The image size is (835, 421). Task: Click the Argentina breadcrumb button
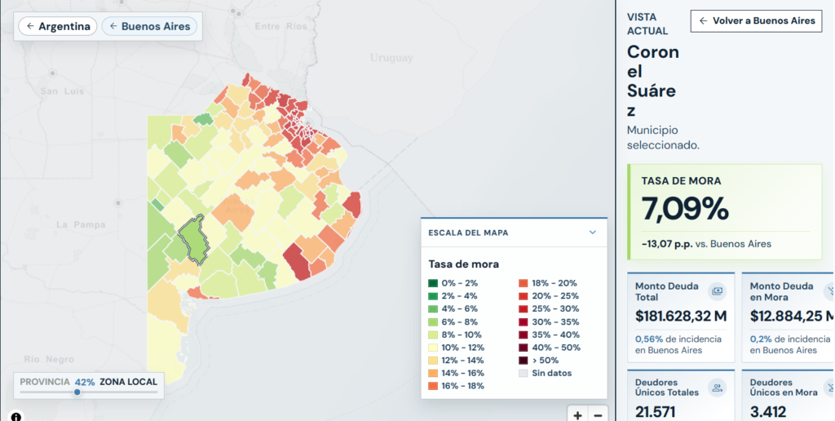[x=58, y=26]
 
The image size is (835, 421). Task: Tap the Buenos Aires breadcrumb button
[x=150, y=26]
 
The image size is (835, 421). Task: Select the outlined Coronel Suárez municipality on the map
[x=192, y=240]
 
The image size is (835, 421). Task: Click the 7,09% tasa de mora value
[x=685, y=208]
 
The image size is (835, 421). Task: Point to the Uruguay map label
[x=391, y=58]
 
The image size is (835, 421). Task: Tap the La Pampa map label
[x=81, y=225]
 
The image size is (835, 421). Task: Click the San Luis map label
[x=62, y=91]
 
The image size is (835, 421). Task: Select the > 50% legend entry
[x=538, y=361]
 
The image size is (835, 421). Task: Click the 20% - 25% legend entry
[x=549, y=296]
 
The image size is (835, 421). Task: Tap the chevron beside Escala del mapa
[x=593, y=233]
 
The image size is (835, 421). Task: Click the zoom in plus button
[x=578, y=414]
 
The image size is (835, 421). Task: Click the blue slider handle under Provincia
[x=77, y=392]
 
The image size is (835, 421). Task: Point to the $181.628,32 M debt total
[x=681, y=316]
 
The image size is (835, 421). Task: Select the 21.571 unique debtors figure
[x=656, y=412]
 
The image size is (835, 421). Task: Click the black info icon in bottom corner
[x=16, y=416]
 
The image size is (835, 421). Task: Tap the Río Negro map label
[x=49, y=360]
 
